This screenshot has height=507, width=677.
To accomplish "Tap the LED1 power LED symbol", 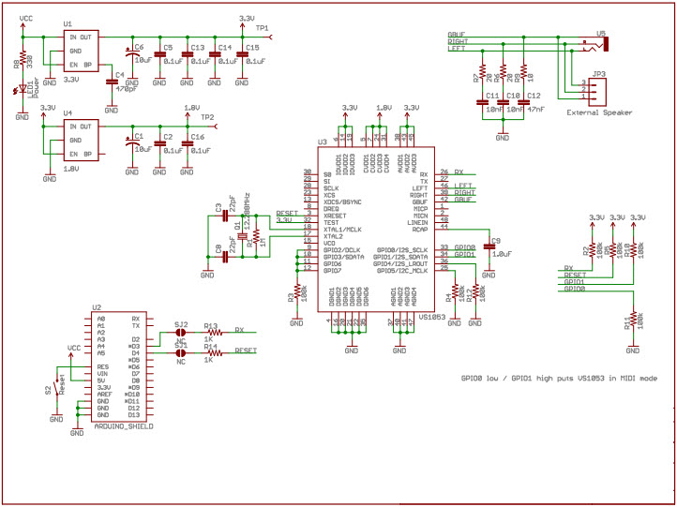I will pos(23,92).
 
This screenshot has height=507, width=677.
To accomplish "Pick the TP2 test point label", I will pos(207,117).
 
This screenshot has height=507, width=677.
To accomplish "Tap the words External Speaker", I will pos(599,112).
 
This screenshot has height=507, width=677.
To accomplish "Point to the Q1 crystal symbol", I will pos(239,235).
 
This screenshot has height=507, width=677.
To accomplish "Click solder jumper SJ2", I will pos(181,332).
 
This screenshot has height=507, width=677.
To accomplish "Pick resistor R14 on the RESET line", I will pos(214,352).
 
